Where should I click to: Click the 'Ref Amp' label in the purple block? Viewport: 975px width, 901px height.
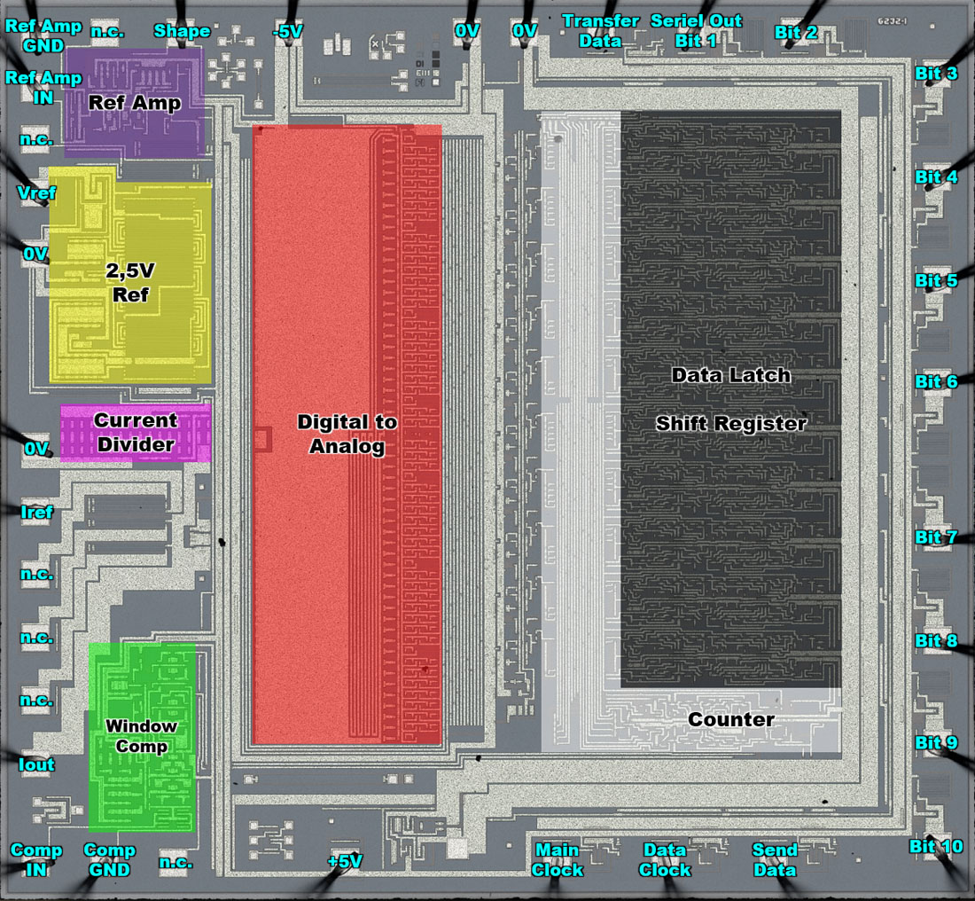(135, 103)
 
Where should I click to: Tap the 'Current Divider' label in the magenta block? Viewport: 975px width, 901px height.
(136, 433)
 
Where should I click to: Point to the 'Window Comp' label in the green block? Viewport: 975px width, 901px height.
(142, 736)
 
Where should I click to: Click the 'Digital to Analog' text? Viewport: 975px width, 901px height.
(347, 435)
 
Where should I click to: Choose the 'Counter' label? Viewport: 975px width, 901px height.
(731, 720)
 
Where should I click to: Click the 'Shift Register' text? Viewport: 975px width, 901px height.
(731, 424)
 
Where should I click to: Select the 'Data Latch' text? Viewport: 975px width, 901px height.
(731, 375)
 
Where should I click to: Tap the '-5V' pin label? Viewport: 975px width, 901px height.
(287, 31)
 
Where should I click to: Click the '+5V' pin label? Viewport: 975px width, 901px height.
(344, 861)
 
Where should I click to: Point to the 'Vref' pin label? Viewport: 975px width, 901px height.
(37, 192)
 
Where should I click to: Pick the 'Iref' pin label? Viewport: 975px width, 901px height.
(36, 512)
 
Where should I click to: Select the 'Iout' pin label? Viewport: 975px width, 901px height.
(37, 764)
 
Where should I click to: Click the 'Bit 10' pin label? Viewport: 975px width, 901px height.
(936, 847)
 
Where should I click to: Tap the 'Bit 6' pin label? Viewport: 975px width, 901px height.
(936, 382)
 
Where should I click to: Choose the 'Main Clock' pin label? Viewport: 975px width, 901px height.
(558, 860)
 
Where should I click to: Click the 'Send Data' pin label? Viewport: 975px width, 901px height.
(775, 860)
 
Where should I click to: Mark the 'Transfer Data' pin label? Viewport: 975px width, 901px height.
(600, 30)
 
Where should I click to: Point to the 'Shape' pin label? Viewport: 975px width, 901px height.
(182, 31)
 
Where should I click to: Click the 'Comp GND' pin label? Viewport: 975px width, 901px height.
(110, 860)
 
